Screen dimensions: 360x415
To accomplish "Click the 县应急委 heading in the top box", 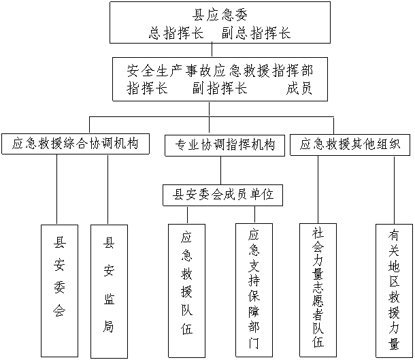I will click(x=219, y=14).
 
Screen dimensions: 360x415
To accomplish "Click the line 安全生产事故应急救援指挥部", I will click(x=220, y=70).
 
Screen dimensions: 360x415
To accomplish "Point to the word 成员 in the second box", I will click(x=299, y=89).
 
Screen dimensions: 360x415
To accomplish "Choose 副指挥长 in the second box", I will click(x=220, y=89).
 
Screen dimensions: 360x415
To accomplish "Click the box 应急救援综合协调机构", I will click(x=75, y=144).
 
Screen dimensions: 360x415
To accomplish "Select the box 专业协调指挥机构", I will click(x=225, y=145).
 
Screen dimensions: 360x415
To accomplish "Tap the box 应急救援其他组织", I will click(x=350, y=144).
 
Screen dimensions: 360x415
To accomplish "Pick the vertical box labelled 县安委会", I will click(x=59, y=289).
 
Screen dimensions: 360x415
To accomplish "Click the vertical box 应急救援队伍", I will click(x=186, y=289).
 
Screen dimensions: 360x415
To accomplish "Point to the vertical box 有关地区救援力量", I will click(x=394, y=289).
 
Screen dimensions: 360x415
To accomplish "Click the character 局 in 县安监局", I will click(x=109, y=327).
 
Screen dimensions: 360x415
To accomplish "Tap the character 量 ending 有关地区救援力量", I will click(x=394, y=344).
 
